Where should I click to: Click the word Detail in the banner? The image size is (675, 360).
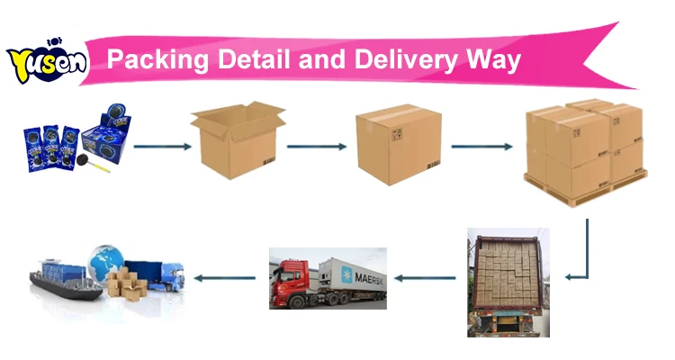pyautogui.click(x=252, y=60)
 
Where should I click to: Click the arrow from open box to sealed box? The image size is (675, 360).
pyautogui.click(x=316, y=146)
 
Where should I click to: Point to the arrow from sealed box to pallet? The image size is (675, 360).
pyautogui.click(x=481, y=146)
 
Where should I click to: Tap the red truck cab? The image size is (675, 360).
pyautogui.click(x=290, y=279)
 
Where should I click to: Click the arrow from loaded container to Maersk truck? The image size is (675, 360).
pyautogui.click(x=426, y=278)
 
